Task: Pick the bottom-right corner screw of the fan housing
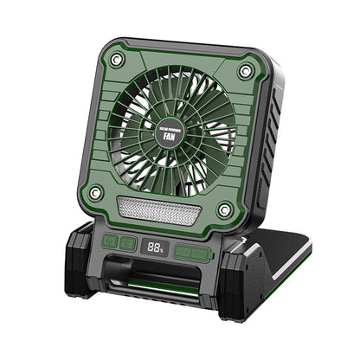225,209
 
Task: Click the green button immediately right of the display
183,252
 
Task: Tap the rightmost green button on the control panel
202,254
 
